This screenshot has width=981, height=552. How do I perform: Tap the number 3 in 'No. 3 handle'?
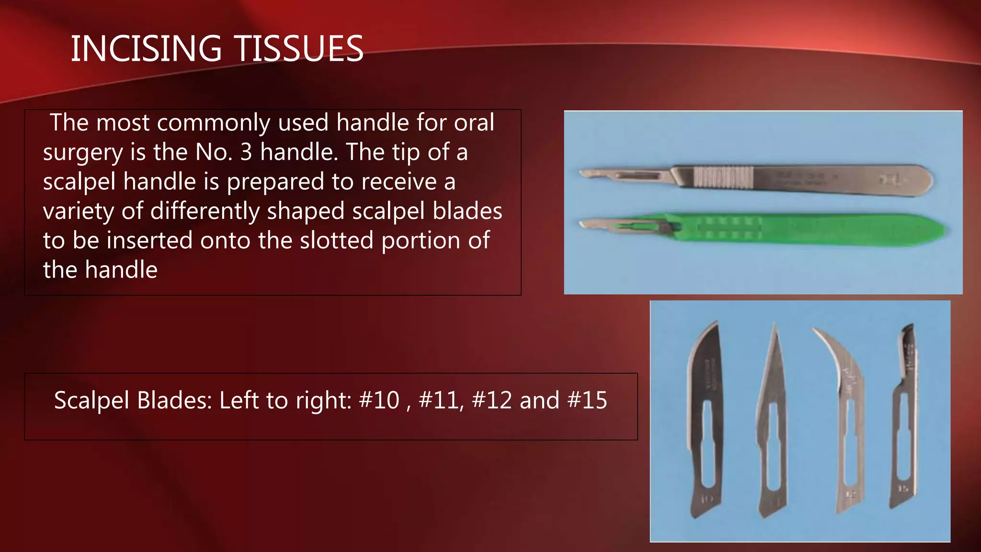tap(246, 152)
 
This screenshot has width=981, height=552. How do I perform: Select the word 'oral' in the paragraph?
tap(474, 123)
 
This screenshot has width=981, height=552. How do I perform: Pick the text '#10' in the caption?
tap(379, 400)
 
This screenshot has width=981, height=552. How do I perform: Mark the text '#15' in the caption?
tap(587, 400)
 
